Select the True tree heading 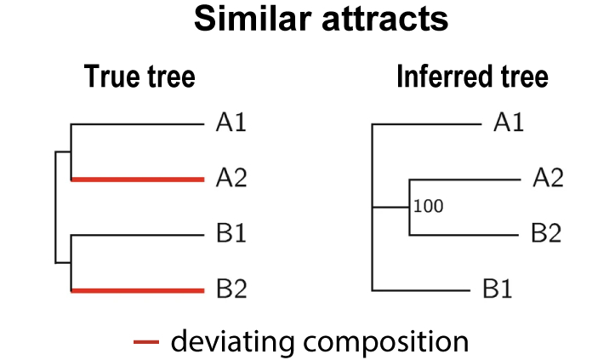[x=140, y=77]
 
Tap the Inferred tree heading [x=471, y=77]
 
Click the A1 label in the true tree [x=231, y=125]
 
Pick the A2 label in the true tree [x=231, y=179]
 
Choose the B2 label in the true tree [x=231, y=290]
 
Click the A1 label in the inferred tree [x=508, y=124]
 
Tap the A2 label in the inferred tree [x=547, y=179]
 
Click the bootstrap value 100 [x=430, y=206]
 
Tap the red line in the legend [x=147, y=342]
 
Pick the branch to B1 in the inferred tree [x=420, y=290]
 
